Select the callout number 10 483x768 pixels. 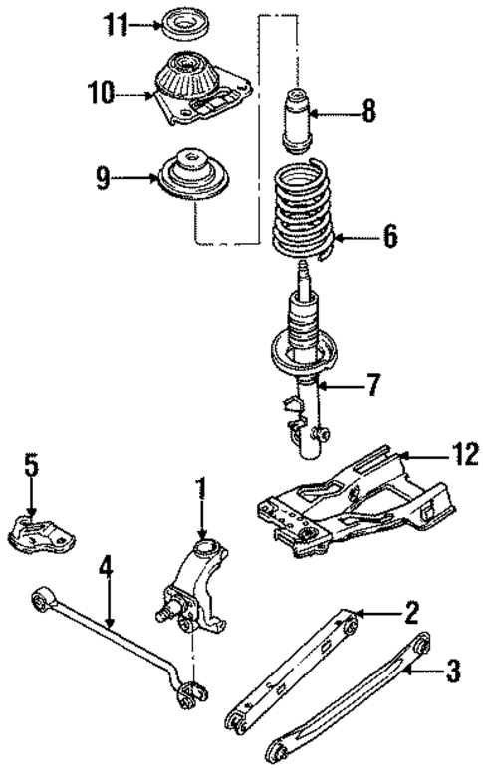pyautogui.click(x=102, y=96)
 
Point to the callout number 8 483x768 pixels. pyautogui.click(x=369, y=112)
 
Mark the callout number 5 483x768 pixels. pyautogui.click(x=31, y=464)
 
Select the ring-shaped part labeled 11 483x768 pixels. pyautogui.click(x=185, y=22)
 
